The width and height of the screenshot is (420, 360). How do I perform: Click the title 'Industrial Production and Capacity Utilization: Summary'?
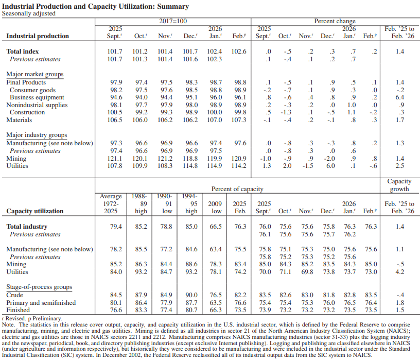click(x=95, y=6)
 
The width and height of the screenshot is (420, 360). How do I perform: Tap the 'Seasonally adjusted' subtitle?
click(x=29, y=13)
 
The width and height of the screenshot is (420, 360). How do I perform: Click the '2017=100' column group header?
click(x=172, y=21)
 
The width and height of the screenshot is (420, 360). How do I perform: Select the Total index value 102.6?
click(x=239, y=52)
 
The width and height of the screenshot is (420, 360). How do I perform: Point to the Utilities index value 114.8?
click(x=190, y=166)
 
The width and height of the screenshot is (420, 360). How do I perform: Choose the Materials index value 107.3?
click(x=239, y=120)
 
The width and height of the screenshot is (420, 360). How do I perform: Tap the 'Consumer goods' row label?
click(x=33, y=90)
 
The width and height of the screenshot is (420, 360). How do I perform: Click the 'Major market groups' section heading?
click(x=35, y=75)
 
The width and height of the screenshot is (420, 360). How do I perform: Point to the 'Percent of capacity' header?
click(x=237, y=189)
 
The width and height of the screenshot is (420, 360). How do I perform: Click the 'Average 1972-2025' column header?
click(x=111, y=203)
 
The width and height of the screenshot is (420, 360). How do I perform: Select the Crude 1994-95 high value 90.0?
click(x=190, y=295)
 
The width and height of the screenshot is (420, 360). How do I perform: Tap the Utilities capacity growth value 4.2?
click(x=399, y=271)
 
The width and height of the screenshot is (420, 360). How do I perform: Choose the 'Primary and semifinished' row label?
click(x=41, y=303)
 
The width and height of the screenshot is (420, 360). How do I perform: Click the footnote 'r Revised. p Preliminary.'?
click(x=32, y=319)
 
